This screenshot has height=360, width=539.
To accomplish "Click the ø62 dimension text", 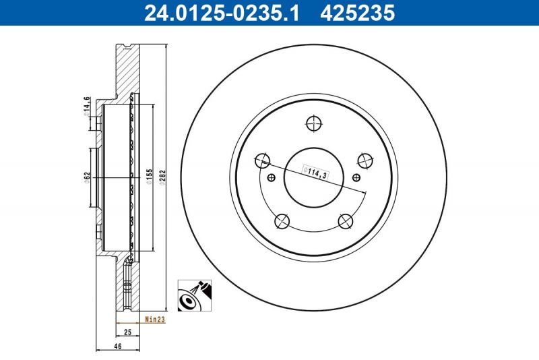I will click(87, 178).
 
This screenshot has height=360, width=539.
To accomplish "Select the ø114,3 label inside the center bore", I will click(315, 173).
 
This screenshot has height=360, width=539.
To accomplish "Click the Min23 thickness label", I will click(155, 320).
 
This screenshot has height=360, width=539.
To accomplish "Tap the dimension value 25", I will click(126, 332).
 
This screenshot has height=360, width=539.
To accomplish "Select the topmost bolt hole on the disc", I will click(313, 123).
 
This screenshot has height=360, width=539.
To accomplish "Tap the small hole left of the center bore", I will click(272, 178).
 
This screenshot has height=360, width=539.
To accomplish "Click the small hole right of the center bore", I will click(355, 178).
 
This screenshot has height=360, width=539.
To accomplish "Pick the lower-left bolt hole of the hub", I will click(282, 220).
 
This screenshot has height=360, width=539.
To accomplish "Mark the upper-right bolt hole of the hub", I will click(365, 160).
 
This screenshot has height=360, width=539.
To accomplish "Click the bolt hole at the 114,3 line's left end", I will click(262, 160).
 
